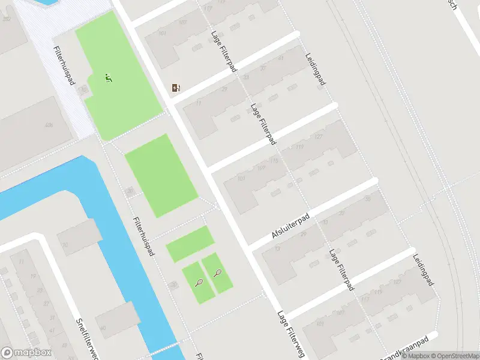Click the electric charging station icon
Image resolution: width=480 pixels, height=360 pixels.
click(176, 88)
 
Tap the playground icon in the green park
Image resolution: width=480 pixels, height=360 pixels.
click(109, 77)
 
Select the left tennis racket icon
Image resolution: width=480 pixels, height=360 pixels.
click(199, 282)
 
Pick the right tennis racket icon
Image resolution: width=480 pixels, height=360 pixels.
click(217, 274)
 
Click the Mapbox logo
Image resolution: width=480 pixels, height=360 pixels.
click(27, 353)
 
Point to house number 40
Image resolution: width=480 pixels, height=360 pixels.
click(103, 328)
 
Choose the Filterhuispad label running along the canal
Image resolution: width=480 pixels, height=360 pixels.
click(143, 228)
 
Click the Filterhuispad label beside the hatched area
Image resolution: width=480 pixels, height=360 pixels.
click(63, 65)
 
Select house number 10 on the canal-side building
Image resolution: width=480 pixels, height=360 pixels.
click(65, 245)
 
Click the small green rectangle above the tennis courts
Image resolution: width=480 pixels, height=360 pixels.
click(190, 244)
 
